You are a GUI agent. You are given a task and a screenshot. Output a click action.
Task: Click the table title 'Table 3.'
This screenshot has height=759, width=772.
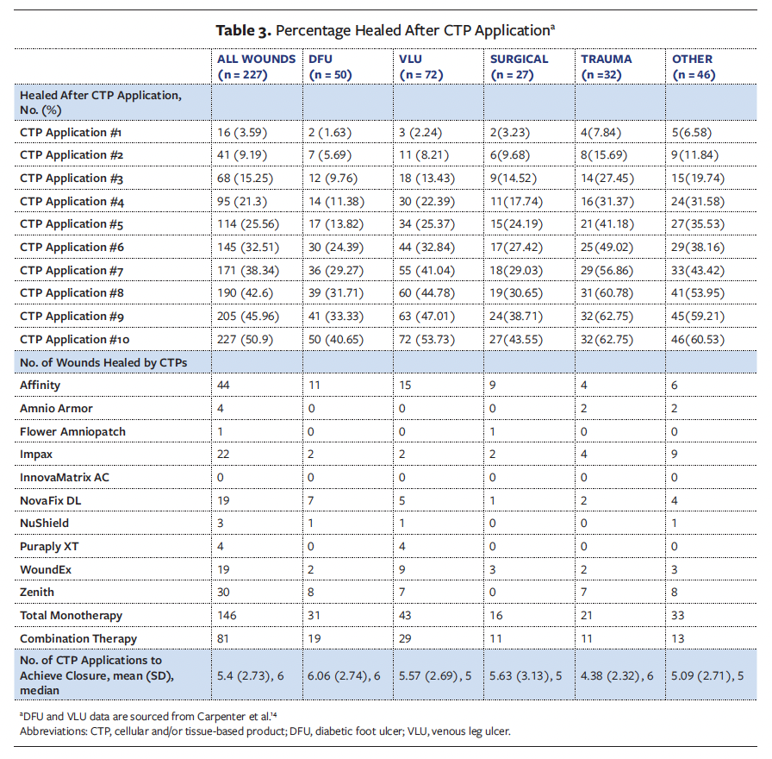point(244,30)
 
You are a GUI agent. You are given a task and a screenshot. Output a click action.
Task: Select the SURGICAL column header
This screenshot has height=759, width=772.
point(519,60)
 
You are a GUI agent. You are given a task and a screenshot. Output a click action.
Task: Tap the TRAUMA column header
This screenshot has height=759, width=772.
point(606,60)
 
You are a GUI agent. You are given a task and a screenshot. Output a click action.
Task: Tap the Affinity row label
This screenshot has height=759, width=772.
point(40,385)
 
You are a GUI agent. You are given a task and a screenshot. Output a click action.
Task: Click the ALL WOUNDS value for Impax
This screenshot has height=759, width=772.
point(227,454)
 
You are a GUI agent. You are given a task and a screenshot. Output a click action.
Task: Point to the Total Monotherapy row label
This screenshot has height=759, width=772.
point(71,615)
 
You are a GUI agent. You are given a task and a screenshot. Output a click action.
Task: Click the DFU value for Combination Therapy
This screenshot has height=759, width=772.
point(314,638)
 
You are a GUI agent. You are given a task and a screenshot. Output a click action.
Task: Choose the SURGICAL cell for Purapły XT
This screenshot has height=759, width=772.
point(494,546)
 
